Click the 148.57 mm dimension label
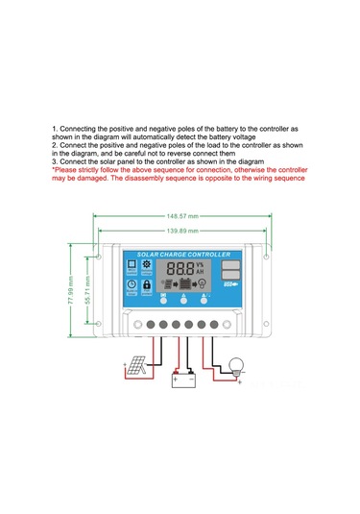point(180,216)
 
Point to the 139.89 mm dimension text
point(180,231)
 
